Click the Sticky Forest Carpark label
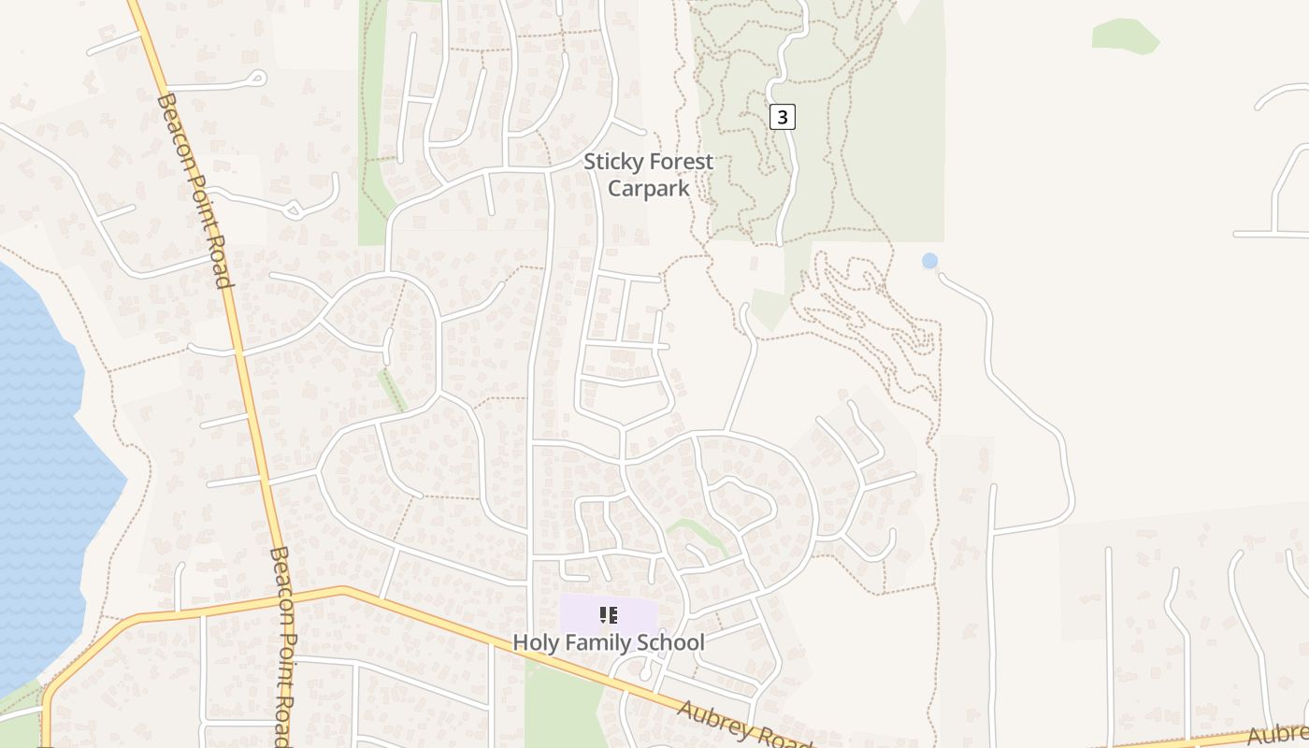point(648,175)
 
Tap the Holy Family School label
point(608,642)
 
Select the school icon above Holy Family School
point(609,614)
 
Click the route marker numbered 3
point(783,117)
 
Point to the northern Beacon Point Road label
point(194,190)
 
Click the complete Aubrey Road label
point(743,725)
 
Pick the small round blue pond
point(929,261)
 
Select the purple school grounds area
point(580,612)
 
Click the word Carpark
point(648,188)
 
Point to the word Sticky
point(610,162)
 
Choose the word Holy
point(533,642)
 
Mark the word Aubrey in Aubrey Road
point(713,718)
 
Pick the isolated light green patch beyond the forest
point(1125,35)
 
